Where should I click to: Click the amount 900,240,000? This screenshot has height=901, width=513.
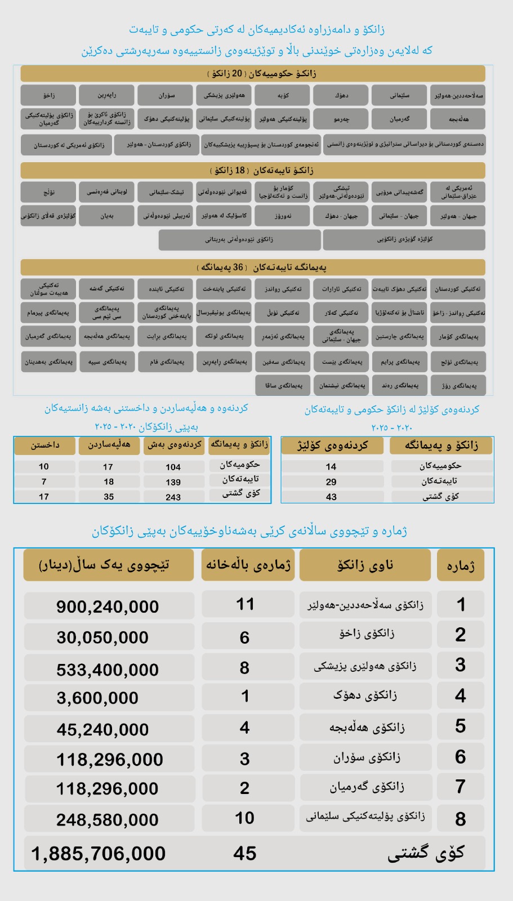108,606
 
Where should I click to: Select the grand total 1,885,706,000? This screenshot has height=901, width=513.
99,854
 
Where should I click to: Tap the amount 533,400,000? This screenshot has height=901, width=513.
108,670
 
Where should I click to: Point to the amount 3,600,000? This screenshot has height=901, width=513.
97,698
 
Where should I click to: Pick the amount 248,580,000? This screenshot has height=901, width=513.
108,819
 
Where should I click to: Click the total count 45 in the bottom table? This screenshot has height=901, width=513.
245,854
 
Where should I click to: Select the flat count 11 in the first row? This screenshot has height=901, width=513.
245,604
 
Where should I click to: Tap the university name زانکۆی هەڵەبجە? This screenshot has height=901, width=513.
367,727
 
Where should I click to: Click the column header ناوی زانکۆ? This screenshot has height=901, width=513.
365,565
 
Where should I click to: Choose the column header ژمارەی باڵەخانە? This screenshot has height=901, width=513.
248,565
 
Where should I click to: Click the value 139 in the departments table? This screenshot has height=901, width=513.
173,482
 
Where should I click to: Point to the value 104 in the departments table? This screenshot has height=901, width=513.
173,467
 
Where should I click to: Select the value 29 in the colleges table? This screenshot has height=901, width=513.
331,481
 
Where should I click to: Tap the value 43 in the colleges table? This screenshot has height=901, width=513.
331,497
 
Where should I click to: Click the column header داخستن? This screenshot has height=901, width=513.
45,445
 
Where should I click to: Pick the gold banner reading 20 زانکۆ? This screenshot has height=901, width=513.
253,73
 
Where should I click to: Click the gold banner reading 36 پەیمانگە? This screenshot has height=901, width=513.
253,267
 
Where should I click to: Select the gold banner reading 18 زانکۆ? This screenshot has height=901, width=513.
253,170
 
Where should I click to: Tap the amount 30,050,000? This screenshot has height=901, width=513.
102,637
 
